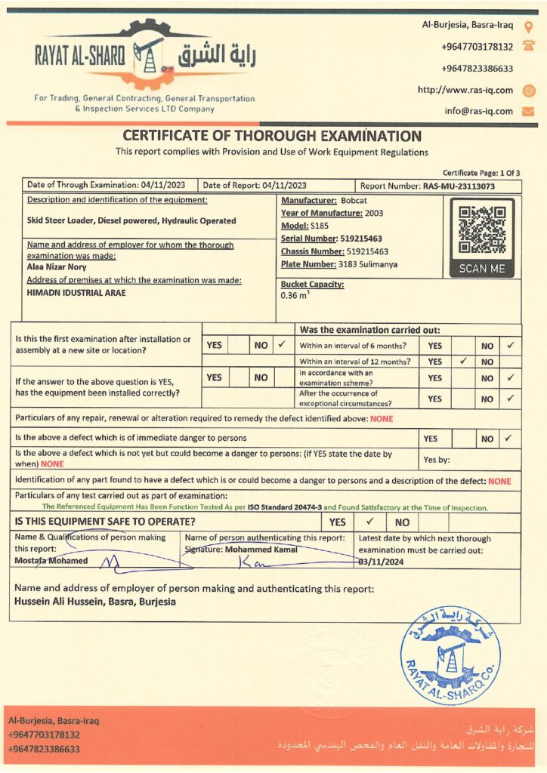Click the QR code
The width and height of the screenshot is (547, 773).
(x=482, y=229)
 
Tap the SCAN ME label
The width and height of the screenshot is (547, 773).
(x=482, y=269)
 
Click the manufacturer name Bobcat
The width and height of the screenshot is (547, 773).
(x=354, y=200)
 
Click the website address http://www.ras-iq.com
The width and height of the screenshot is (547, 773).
(x=465, y=90)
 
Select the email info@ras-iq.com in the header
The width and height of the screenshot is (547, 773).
(x=478, y=111)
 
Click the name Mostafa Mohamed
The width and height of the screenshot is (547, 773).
(x=51, y=561)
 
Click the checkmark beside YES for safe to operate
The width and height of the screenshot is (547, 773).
(x=370, y=522)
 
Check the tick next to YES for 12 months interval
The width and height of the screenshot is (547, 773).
(x=462, y=362)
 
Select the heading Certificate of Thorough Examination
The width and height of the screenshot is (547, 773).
(x=272, y=137)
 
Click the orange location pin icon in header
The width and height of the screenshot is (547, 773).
(x=528, y=26)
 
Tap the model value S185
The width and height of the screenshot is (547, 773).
(x=320, y=226)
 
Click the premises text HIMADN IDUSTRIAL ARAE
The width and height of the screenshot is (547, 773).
(x=76, y=293)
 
